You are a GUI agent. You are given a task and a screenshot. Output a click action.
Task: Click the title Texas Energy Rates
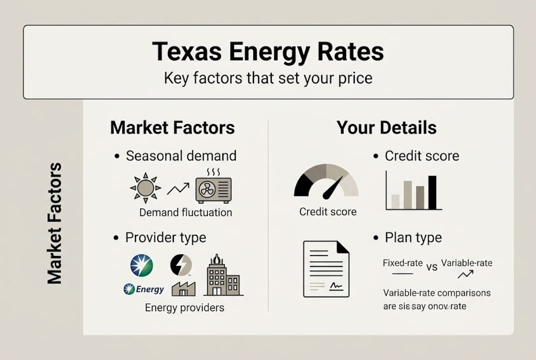coord(268,52)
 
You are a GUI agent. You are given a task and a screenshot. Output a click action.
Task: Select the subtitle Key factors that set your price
coord(268,78)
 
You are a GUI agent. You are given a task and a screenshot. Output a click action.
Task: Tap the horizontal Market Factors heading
coord(172,127)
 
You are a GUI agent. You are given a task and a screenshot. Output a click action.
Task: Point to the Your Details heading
coord(386,127)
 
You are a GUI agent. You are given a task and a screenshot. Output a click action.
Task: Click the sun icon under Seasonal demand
coord(145,188)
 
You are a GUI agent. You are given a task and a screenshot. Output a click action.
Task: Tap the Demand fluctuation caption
coord(185,212)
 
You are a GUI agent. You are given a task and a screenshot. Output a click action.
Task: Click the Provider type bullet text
coord(165,237)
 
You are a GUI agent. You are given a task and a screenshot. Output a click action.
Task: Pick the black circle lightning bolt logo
coord(181,265)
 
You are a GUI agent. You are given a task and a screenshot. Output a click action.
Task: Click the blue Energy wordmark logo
coord(144,289)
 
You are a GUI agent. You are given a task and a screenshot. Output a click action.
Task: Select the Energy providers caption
coord(184,307)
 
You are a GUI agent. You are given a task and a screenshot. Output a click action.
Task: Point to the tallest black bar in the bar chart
coord(432,192)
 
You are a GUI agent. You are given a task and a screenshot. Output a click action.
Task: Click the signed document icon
coord(326,268)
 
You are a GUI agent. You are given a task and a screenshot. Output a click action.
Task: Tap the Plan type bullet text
coord(413,237)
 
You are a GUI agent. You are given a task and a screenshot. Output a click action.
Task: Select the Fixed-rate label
coord(403,263)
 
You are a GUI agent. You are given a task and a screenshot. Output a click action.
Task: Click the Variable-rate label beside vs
coord(467,263)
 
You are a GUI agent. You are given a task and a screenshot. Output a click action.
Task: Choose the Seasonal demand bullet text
coord(181,156)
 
